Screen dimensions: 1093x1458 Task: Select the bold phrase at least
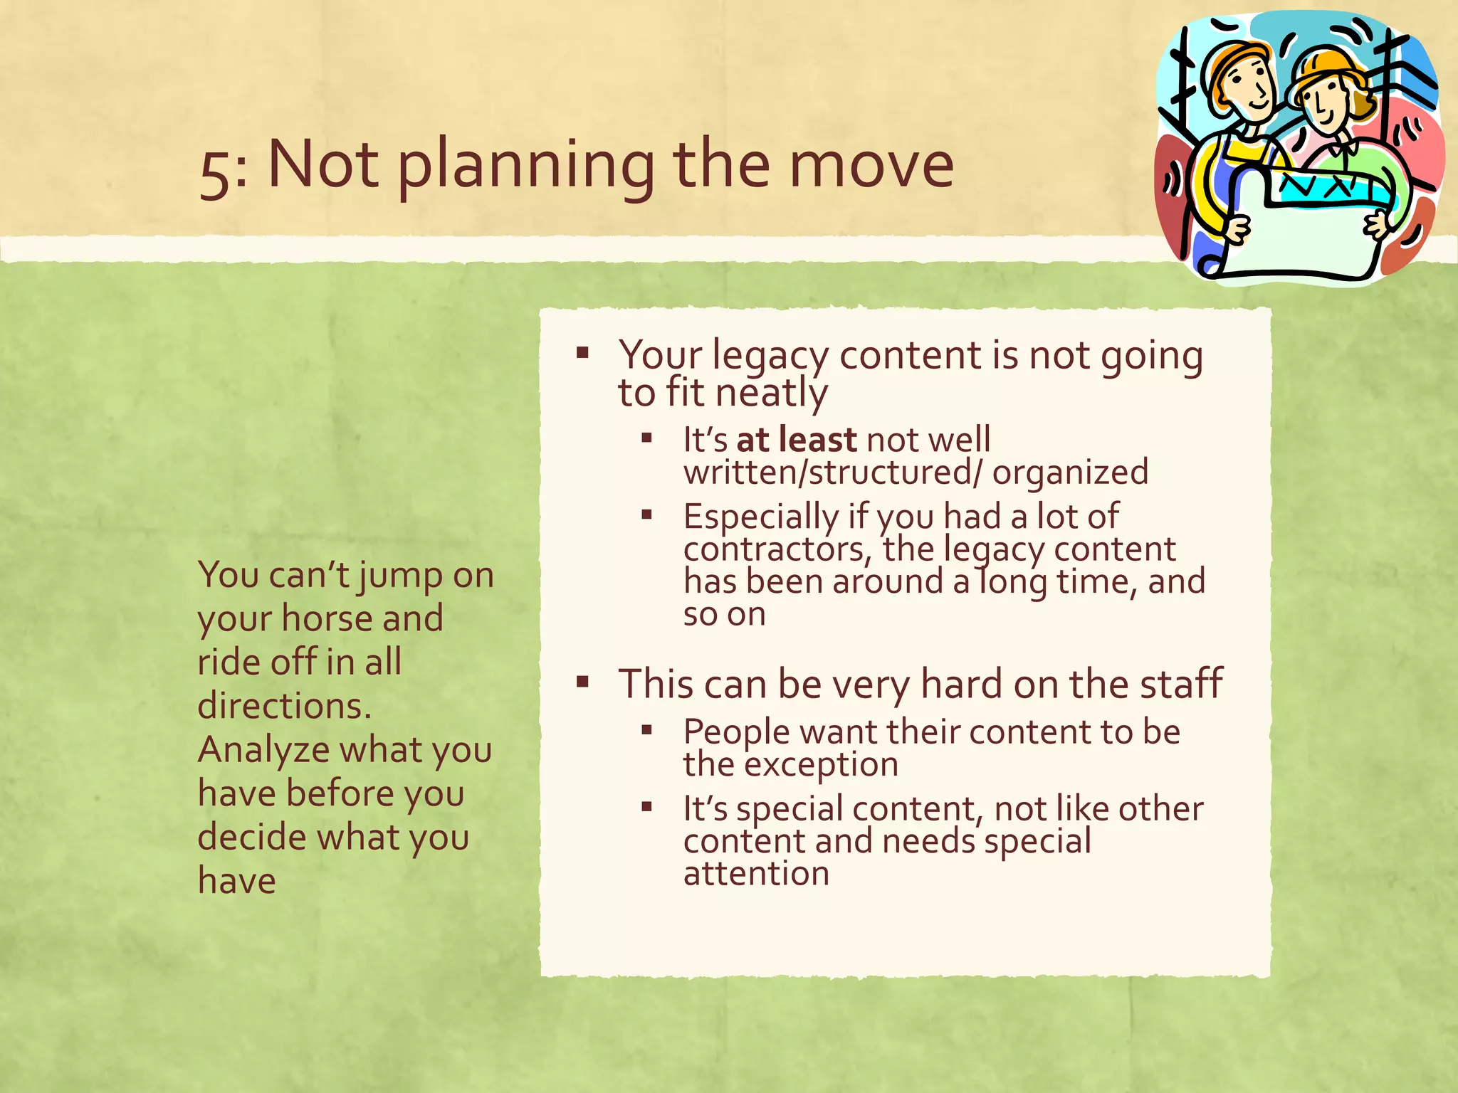point(796,440)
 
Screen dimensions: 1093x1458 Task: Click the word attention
point(756,874)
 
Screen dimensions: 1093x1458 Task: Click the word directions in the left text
point(284,706)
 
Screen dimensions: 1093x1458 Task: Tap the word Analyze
point(263,751)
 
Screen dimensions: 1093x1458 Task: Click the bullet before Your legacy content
point(582,352)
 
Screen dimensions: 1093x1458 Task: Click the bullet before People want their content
point(646,729)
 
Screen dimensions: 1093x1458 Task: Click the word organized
point(1070,472)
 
